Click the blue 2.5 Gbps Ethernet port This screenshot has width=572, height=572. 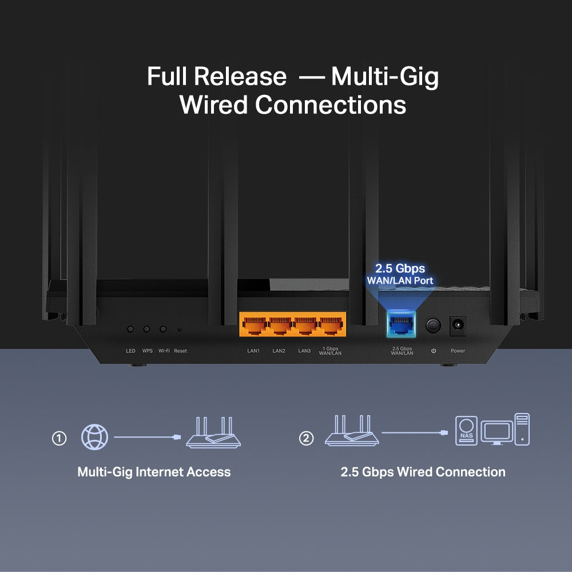coord(402,327)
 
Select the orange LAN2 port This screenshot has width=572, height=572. coord(279,326)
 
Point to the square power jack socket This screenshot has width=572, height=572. coord(458,326)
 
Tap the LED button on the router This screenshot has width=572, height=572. coord(130,329)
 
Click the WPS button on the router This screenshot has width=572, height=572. coord(147,329)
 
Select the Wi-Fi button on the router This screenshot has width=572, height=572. coord(163,329)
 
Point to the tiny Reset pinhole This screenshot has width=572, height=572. coord(180,329)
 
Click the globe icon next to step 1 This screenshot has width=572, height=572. coord(94,438)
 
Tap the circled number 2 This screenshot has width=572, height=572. coord(307,439)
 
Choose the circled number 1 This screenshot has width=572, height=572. coord(59,439)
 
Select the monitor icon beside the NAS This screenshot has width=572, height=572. coord(496,432)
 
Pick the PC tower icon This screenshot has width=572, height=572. coord(522,429)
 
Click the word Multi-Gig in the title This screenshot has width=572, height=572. coord(384,76)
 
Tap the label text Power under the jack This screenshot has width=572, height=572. coord(458,351)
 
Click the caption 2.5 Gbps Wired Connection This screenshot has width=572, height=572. coord(423,472)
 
